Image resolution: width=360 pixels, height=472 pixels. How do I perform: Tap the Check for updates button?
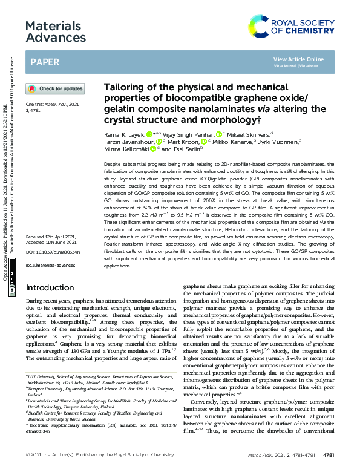(x=55, y=88)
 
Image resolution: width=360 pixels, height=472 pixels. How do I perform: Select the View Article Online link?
(x=298, y=59)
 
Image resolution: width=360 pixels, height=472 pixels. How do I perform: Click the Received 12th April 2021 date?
(x=51, y=237)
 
